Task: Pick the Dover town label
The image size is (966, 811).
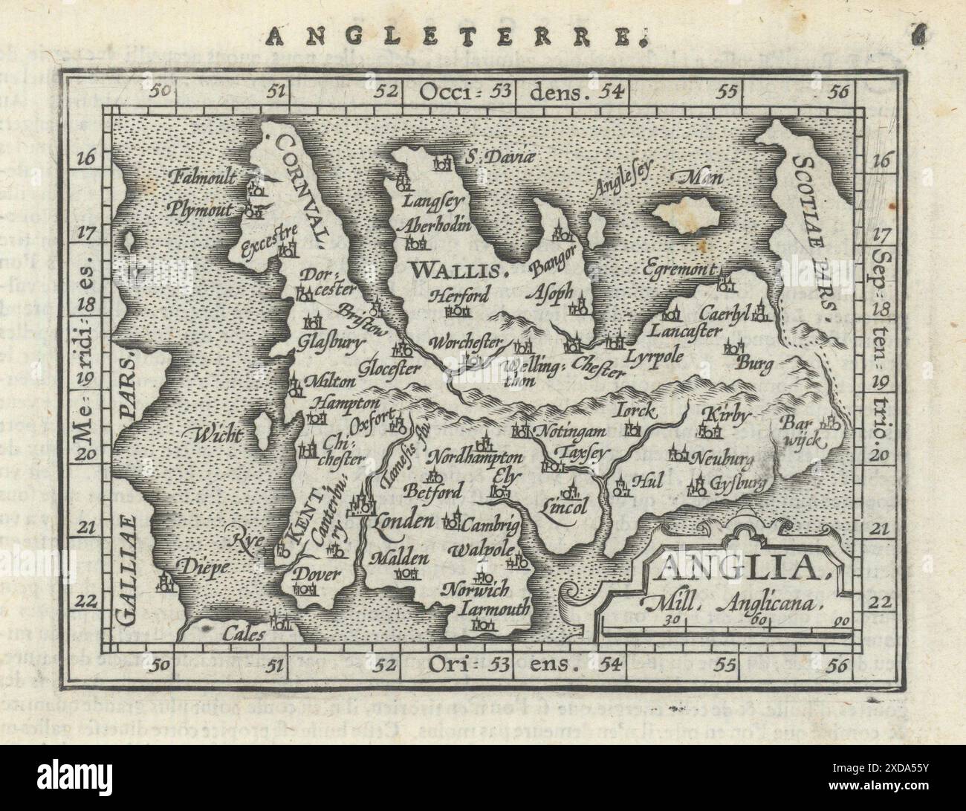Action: click(x=316, y=575)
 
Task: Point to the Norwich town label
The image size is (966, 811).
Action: click(x=475, y=590)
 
